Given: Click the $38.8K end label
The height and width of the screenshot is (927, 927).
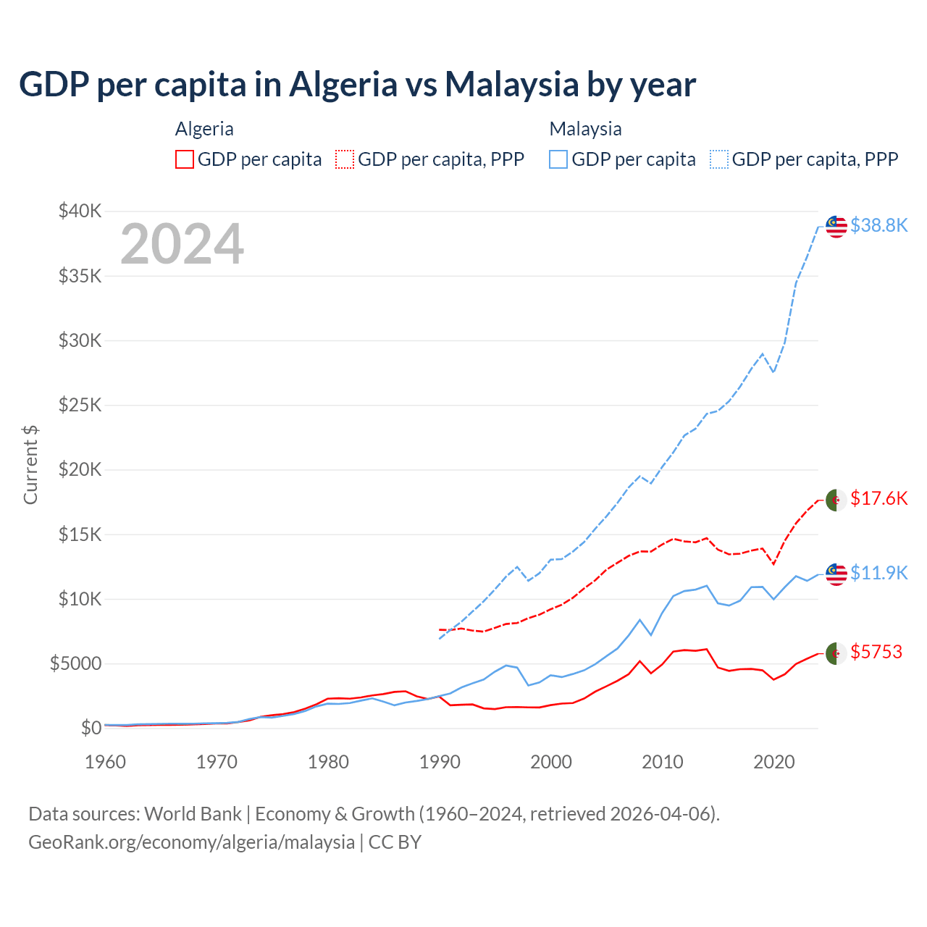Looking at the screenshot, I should (x=878, y=225).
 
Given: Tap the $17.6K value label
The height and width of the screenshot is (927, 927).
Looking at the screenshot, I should (x=878, y=498).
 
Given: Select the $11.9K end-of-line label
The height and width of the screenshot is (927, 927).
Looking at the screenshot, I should (x=878, y=573).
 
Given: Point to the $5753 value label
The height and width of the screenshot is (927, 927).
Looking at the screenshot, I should (x=876, y=652).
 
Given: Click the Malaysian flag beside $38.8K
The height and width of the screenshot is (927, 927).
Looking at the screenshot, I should (x=836, y=227).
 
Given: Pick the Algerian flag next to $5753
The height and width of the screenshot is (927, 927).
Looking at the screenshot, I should (x=836, y=653).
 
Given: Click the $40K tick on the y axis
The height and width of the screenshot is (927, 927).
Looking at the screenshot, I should (x=80, y=211).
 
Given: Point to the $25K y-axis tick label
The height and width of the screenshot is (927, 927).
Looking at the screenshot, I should (x=80, y=405).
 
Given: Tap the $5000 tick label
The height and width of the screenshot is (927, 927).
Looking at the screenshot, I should (x=75, y=663).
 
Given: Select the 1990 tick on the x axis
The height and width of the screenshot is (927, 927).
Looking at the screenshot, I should (x=440, y=762).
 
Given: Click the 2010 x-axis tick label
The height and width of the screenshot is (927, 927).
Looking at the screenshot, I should (x=663, y=762).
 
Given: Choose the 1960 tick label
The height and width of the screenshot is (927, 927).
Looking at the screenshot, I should (x=106, y=762).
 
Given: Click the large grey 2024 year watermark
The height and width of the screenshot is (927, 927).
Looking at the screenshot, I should (x=182, y=244).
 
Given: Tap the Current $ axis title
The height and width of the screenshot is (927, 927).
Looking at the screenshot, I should (x=30, y=465).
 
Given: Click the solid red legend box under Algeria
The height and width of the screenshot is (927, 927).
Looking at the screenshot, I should (x=185, y=159).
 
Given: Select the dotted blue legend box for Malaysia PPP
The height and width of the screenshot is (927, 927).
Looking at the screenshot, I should (x=719, y=159).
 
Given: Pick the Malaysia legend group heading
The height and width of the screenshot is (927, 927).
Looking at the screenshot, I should (x=585, y=129).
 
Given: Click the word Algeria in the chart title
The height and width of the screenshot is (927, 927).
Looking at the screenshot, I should (x=343, y=85).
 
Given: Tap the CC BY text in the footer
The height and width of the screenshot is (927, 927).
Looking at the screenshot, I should (x=395, y=842).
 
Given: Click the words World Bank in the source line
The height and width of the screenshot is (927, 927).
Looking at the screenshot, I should (x=193, y=814).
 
